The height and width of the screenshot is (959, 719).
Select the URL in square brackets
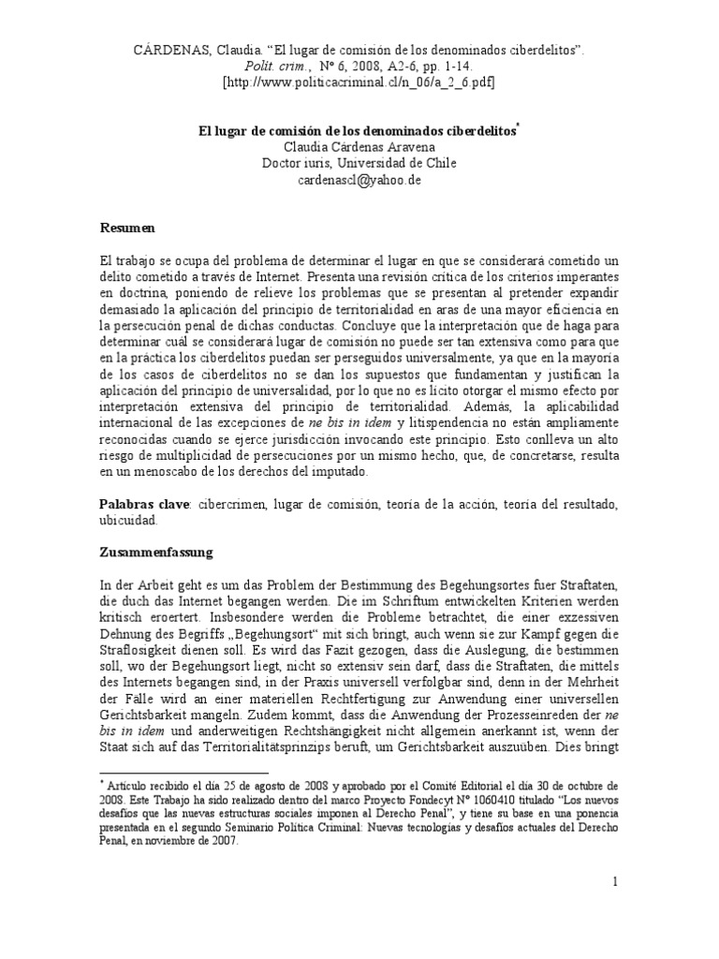(359, 83)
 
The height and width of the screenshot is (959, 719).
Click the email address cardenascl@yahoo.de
(359, 181)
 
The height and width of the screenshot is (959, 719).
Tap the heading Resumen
(127, 229)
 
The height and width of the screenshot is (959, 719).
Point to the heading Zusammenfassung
(156, 553)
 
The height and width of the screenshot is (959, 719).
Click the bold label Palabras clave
(144, 504)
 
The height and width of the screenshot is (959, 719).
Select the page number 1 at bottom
(615, 881)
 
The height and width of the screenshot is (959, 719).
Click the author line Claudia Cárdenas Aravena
(359, 147)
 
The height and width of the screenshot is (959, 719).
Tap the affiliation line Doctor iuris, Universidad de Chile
(359, 164)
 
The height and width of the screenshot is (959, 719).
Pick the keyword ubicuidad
(129, 521)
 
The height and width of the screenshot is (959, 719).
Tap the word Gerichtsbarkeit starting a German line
(147, 731)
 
